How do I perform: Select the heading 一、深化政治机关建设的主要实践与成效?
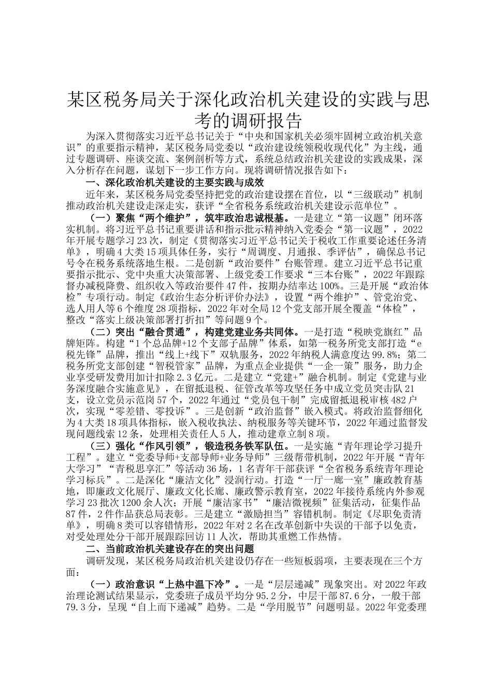[x=176, y=183]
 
